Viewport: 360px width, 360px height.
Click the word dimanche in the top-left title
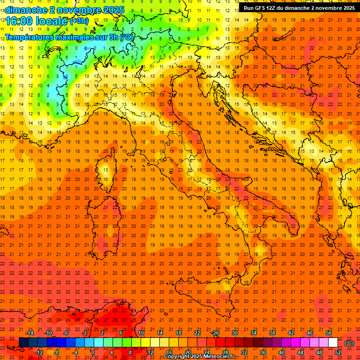click(26, 10)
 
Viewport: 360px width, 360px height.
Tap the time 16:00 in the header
click(18, 21)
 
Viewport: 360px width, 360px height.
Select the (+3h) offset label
click(78, 21)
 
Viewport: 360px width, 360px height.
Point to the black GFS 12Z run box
click(298, 7)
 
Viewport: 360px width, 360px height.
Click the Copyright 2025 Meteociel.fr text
click(199, 357)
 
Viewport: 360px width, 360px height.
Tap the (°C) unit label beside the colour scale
click(349, 343)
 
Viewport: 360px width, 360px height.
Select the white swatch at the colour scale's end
click(333, 343)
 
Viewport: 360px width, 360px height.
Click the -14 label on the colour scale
click(30, 333)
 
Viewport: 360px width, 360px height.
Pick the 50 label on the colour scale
click(329, 333)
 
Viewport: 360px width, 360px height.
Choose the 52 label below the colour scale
click(338, 352)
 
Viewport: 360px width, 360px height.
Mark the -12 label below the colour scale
click(39, 352)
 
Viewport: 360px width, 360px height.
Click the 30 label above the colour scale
click(235, 333)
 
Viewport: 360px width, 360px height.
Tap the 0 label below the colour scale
click(93, 352)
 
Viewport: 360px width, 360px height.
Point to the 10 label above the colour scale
click(141, 333)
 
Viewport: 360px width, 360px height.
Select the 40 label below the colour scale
click(281, 352)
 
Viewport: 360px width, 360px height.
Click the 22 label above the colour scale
click(197, 333)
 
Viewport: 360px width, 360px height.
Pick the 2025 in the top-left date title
click(113, 10)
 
